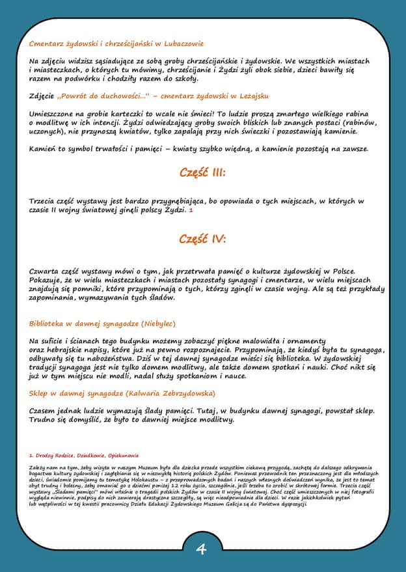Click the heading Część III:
pyautogui.click(x=202, y=173)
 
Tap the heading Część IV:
pyautogui.click(x=202, y=239)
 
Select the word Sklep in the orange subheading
pyautogui.click(x=40, y=393)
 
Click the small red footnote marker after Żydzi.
pyautogui.click(x=191, y=211)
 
